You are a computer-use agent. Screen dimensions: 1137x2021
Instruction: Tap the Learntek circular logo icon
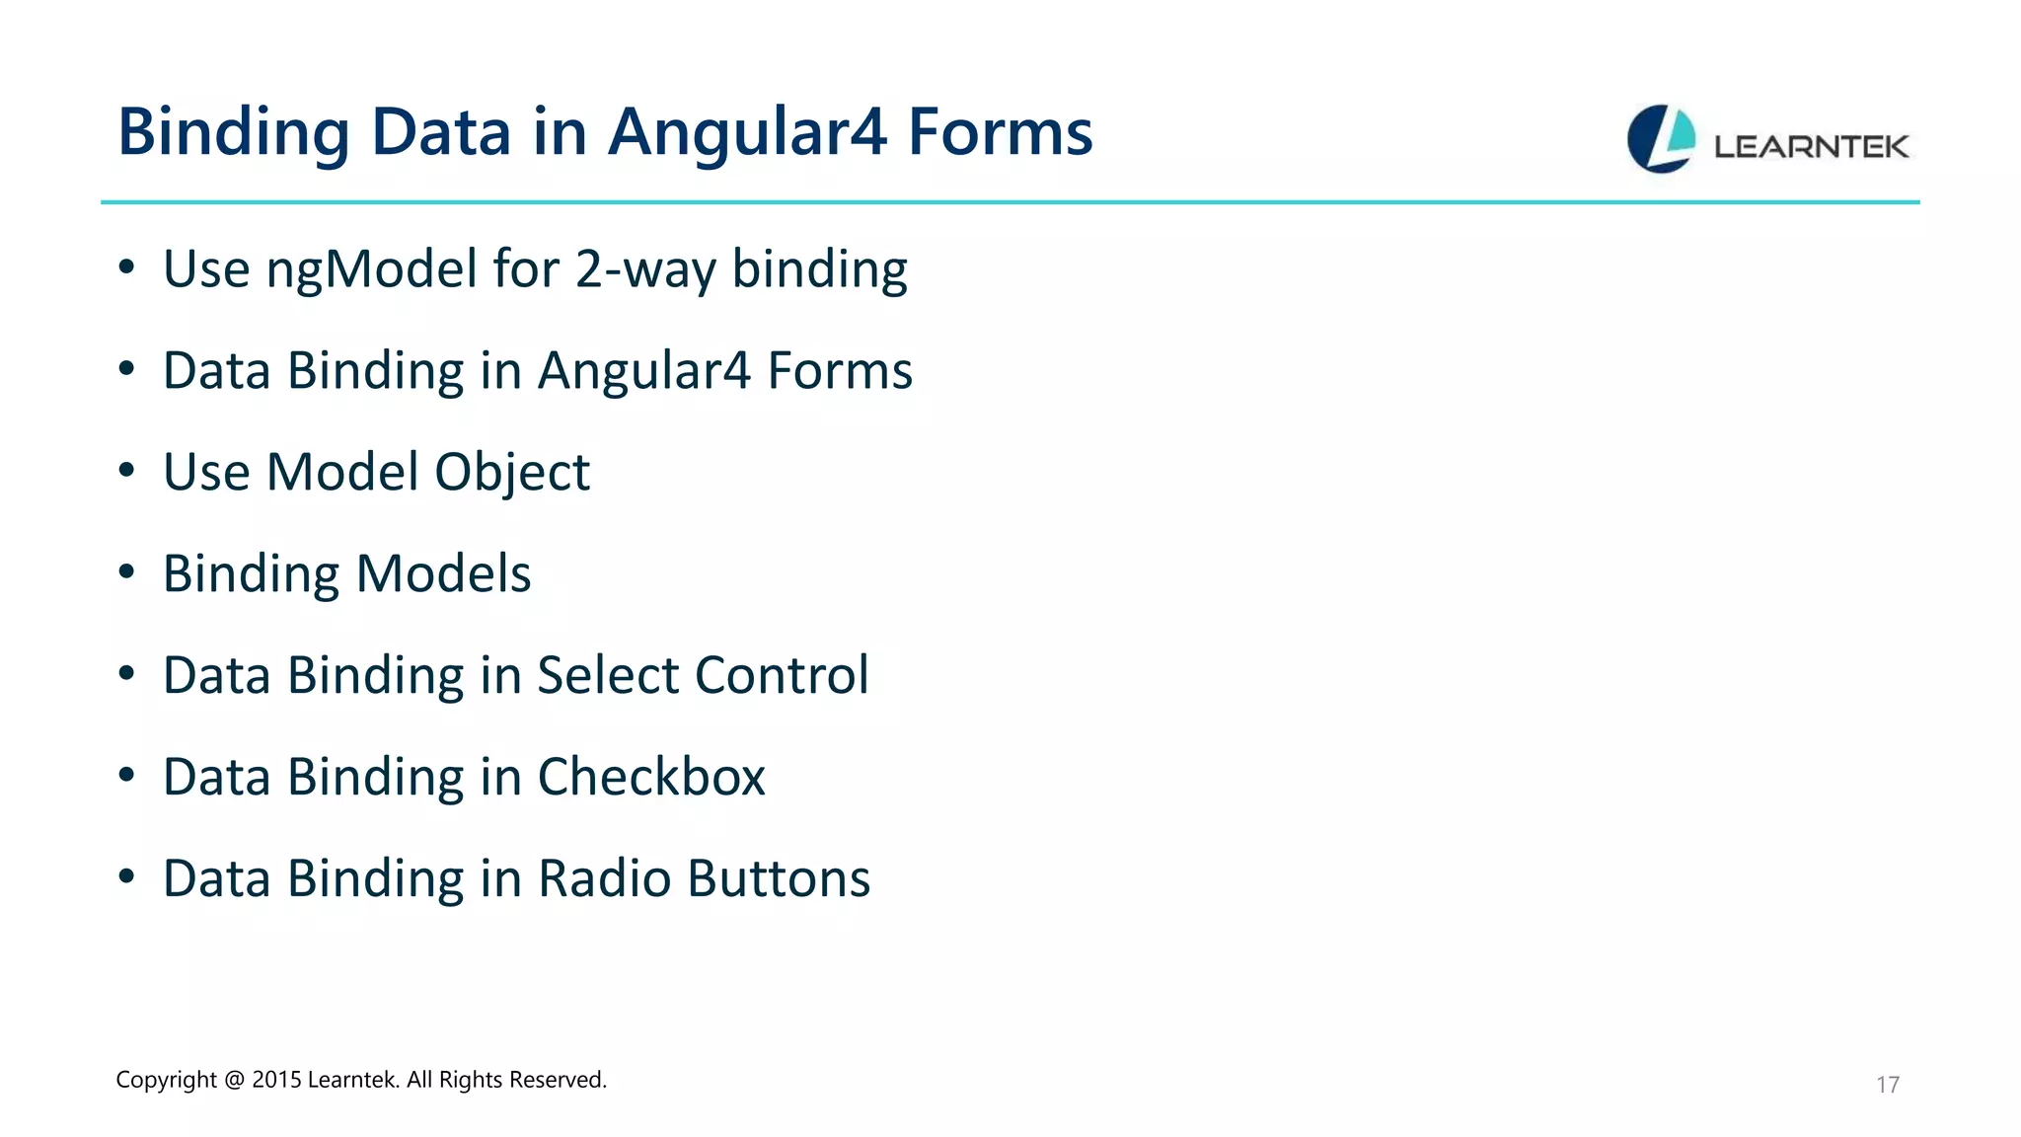1661,139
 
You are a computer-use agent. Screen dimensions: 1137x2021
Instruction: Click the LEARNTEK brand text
1811,147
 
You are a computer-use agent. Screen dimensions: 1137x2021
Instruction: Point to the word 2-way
645,269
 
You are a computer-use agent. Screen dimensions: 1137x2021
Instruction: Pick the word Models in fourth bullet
443,573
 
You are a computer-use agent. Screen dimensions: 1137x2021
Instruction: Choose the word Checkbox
651,777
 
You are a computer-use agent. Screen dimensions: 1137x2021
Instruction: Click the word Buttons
779,878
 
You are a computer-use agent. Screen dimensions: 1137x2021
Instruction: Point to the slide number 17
1887,1085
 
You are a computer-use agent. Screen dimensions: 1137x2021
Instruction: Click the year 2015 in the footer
276,1080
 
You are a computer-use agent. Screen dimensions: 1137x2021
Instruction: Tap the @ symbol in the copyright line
234,1080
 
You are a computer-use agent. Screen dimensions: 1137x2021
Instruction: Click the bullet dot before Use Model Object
126,471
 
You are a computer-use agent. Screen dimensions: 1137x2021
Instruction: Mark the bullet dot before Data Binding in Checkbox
126,776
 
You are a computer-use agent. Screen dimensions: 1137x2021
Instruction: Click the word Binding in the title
233,132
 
